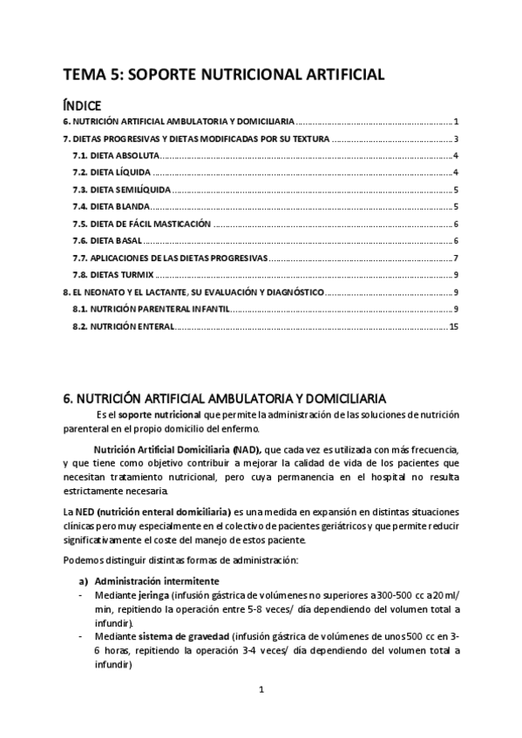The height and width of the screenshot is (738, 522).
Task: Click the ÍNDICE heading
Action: pos(88,104)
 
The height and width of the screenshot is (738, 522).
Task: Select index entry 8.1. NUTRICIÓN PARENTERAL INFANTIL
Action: pos(152,309)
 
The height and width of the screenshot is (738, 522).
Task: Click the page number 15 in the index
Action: pos(453,326)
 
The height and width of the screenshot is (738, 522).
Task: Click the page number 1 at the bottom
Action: pos(261,690)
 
